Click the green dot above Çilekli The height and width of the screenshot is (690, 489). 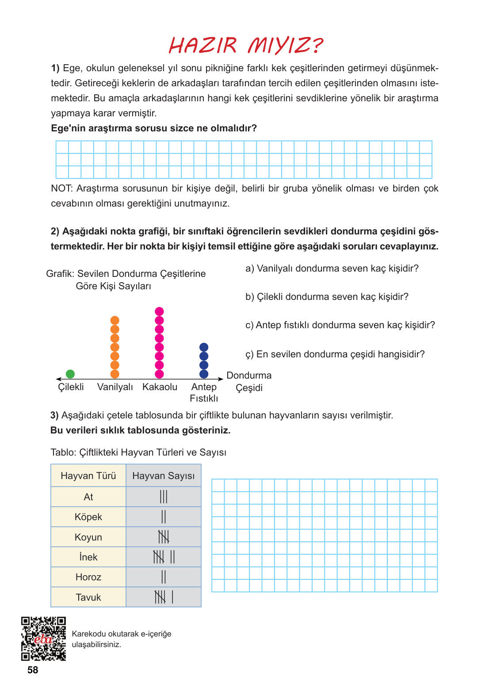[x=70, y=374]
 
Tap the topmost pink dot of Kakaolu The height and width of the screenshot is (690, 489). [x=160, y=311]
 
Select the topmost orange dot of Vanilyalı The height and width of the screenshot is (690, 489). [x=115, y=320]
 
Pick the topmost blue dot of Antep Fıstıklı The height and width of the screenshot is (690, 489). [x=204, y=347]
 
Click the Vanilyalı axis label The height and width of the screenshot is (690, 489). [x=115, y=387]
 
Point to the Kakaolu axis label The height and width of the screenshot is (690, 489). [x=160, y=387]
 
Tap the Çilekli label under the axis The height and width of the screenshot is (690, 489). [x=71, y=387]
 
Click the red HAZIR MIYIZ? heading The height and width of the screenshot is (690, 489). [x=246, y=45]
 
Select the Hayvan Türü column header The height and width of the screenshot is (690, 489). [x=88, y=476]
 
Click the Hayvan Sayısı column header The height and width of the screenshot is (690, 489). [x=164, y=476]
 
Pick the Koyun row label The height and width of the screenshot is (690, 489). [x=88, y=537]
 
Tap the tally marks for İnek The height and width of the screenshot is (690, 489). [x=164, y=557]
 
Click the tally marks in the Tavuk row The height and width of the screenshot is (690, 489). [x=164, y=597]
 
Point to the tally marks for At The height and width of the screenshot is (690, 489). [x=164, y=497]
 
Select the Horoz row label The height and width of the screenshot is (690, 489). [x=88, y=577]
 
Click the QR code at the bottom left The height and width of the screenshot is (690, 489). [x=44, y=639]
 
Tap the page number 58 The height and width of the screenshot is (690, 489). [x=33, y=670]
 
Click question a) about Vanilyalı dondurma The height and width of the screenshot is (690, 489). [x=332, y=268]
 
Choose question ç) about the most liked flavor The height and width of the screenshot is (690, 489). [x=335, y=354]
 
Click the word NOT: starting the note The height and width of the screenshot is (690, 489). [x=61, y=188]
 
